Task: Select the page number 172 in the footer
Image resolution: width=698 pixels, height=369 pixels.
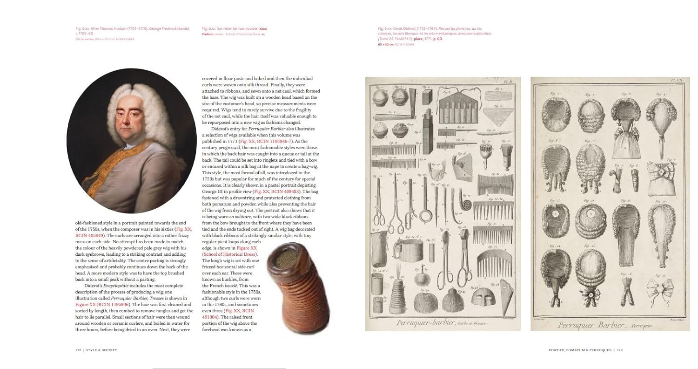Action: tap(79, 350)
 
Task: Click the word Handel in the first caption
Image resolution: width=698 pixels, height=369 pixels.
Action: tap(183, 29)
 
